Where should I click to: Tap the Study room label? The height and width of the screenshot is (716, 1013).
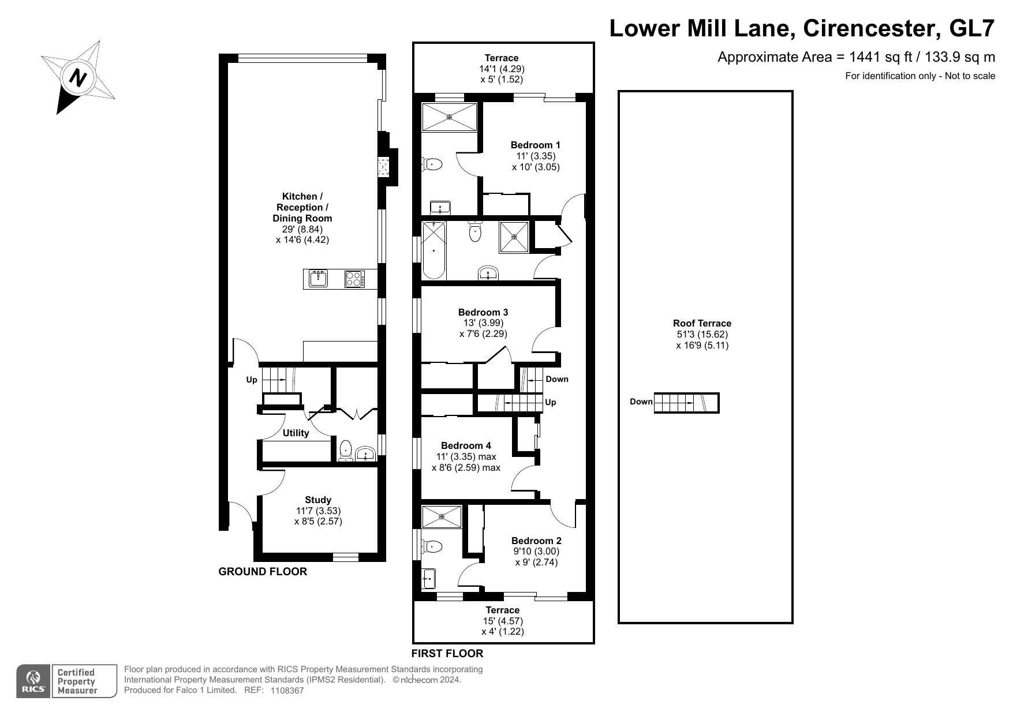pos(318,500)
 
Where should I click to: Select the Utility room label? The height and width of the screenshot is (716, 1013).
pos(296,433)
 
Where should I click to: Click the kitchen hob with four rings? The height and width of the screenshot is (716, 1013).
pos(354,279)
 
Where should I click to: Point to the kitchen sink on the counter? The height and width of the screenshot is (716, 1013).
pos(318,279)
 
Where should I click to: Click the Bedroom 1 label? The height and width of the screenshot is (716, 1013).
pos(535,145)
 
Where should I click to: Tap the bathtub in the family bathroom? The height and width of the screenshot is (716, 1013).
pos(433,250)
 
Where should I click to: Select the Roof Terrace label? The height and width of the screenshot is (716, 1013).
pos(702,324)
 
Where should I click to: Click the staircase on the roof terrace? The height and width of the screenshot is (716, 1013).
pos(686,403)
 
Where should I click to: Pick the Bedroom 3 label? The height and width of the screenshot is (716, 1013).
pos(483,312)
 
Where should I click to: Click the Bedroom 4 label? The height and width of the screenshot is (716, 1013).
pos(466,445)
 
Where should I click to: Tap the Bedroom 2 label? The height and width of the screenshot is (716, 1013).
pos(536,541)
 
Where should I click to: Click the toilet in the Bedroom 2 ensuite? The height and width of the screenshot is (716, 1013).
pos(432,545)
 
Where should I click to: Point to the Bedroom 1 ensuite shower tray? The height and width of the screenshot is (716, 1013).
pos(450,117)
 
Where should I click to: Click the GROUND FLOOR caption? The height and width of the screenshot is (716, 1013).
pos(263,572)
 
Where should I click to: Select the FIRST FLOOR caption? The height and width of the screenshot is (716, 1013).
pos(447,654)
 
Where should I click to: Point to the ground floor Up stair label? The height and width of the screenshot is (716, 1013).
pos(252,380)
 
